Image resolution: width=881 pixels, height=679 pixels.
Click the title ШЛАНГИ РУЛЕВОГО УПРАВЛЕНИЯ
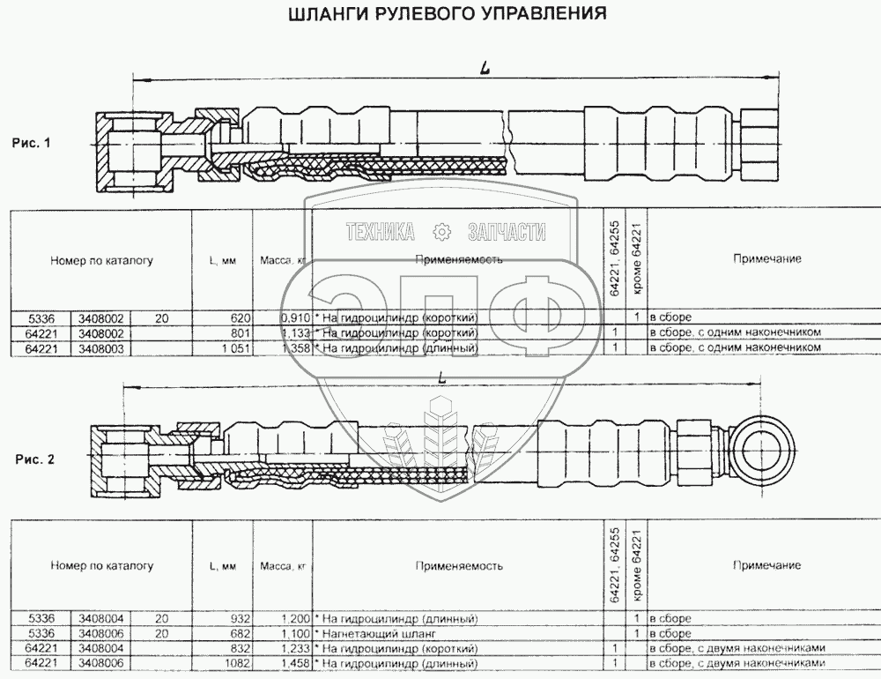(448, 14)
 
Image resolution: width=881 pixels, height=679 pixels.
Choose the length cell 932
(241, 619)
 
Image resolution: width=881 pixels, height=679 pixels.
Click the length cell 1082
(238, 662)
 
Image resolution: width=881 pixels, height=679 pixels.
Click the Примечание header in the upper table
(766, 259)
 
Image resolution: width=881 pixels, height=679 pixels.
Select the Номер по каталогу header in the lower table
(102, 565)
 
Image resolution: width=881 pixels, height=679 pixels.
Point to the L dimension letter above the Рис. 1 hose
(485, 67)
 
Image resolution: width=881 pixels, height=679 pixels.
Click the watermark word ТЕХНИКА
(381, 232)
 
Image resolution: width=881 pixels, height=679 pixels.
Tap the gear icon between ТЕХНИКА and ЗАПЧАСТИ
(441, 232)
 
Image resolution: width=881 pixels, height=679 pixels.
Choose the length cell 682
(241, 634)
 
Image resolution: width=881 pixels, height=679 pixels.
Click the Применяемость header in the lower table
(459, 565)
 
